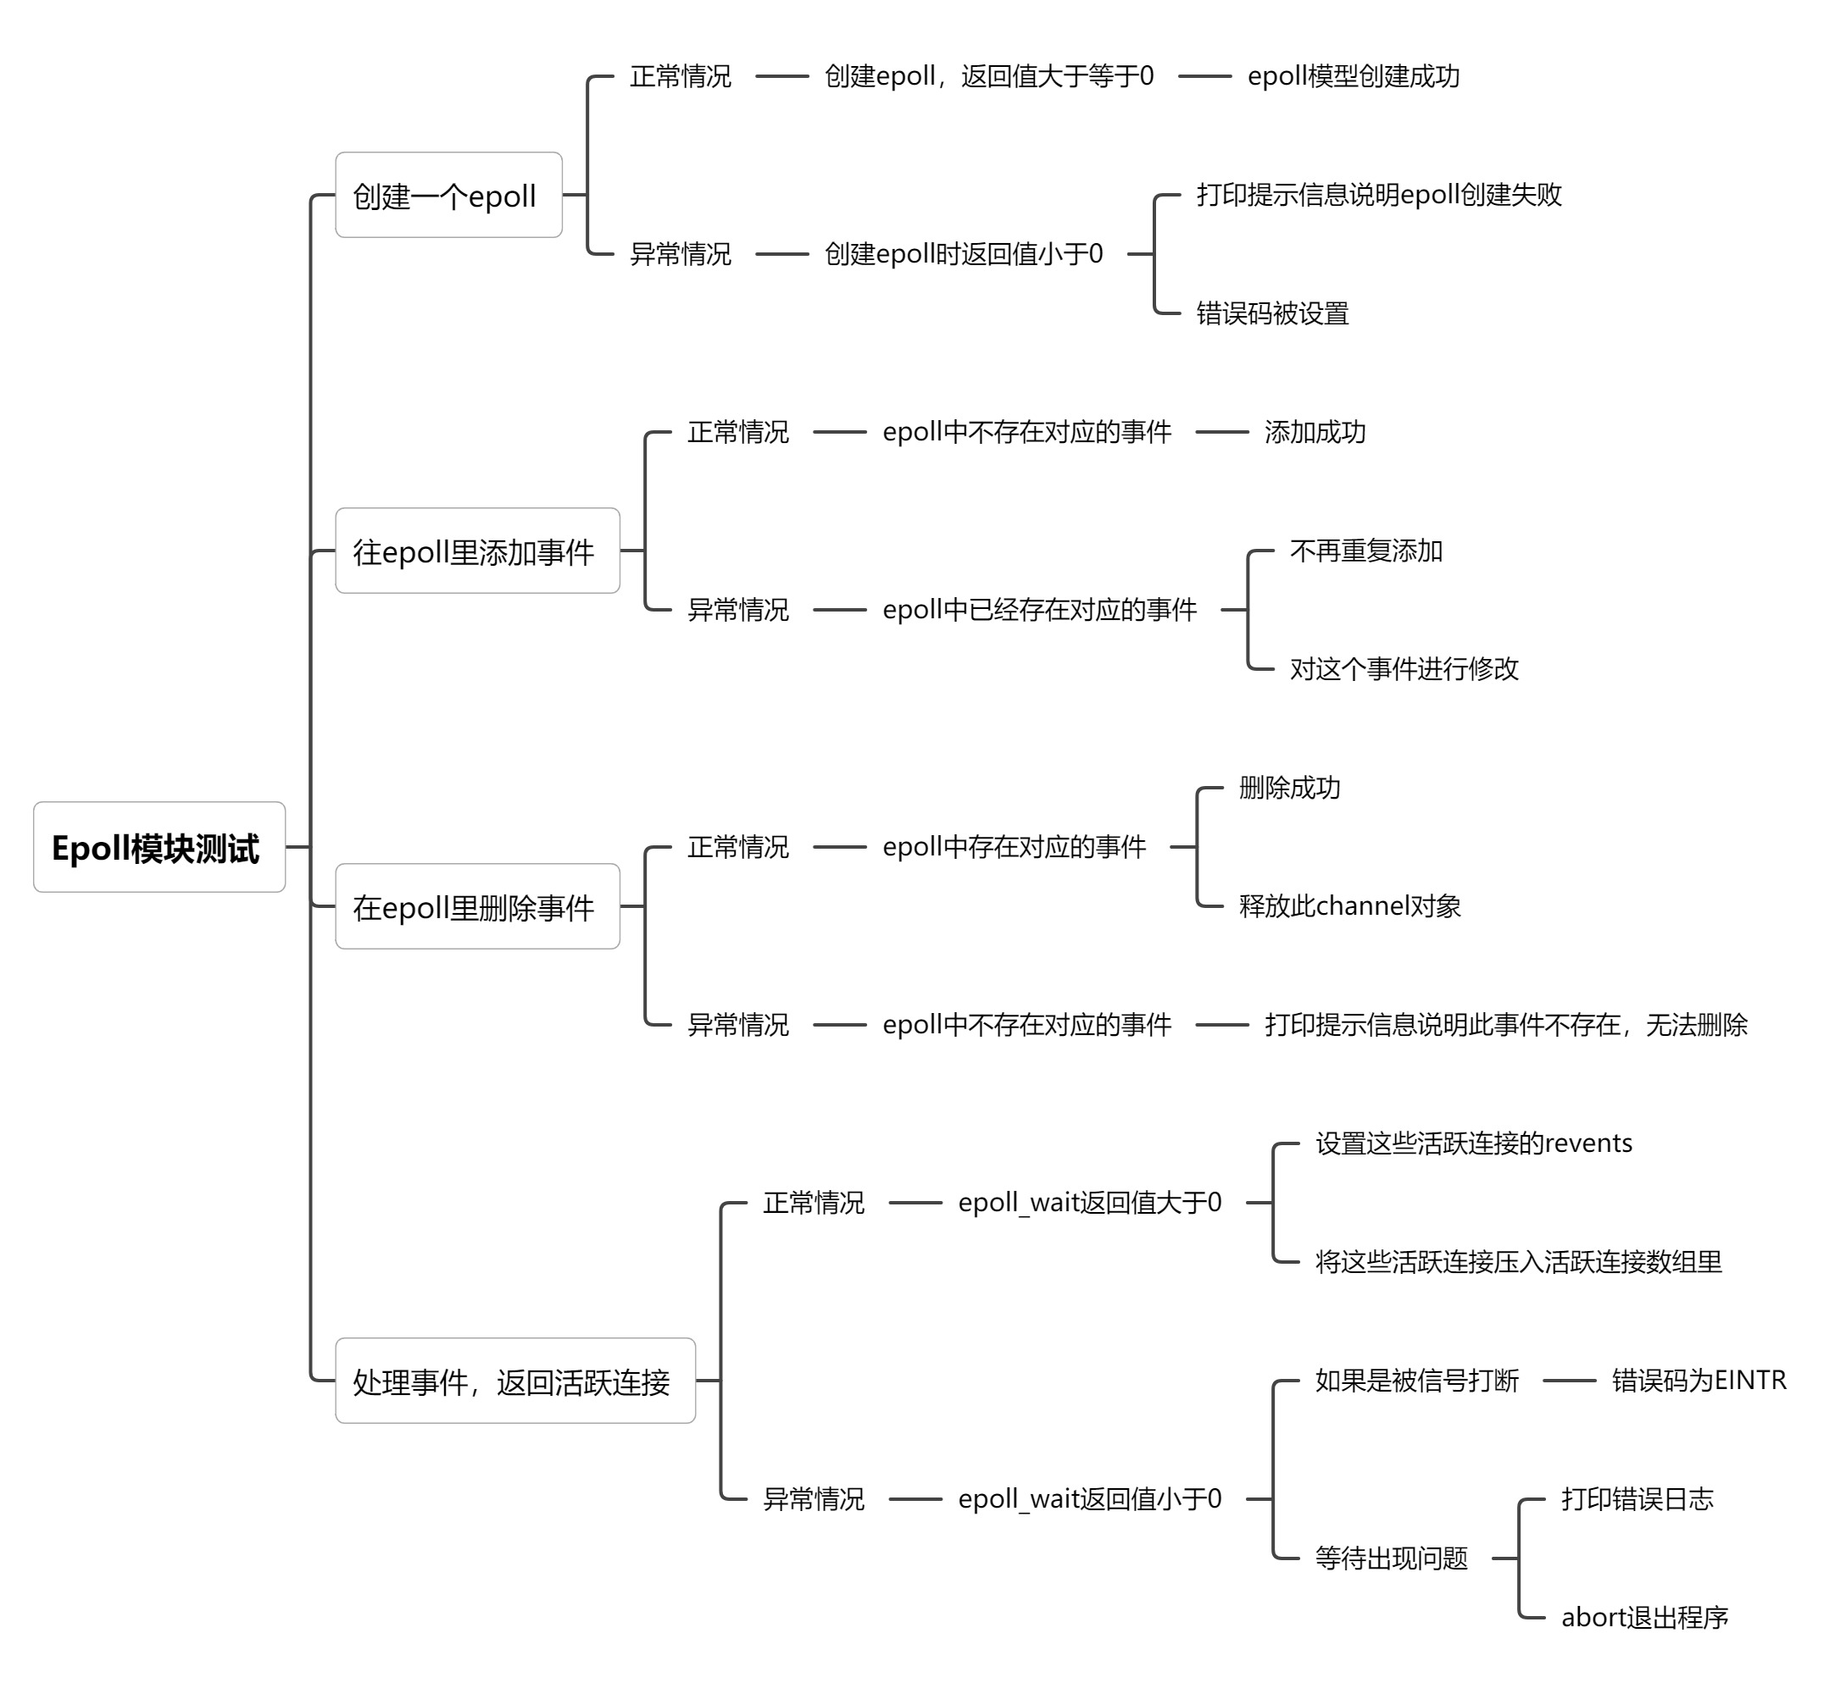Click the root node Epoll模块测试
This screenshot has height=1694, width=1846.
158,847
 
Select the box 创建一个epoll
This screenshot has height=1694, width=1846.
448,196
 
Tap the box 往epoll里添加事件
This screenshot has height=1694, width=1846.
477,551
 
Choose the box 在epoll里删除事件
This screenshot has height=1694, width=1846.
477,906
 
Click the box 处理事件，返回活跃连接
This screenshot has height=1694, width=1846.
514,1381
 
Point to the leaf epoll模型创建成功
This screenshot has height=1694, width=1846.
1353,76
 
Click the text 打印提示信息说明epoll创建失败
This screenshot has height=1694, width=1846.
1378,194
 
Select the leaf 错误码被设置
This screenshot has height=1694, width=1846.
1272,313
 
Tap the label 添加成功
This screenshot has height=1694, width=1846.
1314,432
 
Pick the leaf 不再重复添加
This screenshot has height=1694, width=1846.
1365,551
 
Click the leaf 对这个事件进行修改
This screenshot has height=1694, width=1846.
1403,669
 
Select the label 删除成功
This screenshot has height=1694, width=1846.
1288,788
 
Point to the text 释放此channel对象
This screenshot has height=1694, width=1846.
1349,905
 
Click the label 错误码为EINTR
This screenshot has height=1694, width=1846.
1699,1380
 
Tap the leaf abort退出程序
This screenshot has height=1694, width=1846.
1644,1617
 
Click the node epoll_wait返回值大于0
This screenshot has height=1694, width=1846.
1089,1202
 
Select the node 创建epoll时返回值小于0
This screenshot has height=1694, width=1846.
963,254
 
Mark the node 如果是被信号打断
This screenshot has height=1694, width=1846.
1416,1380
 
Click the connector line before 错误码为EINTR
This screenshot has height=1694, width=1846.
1569,1380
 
